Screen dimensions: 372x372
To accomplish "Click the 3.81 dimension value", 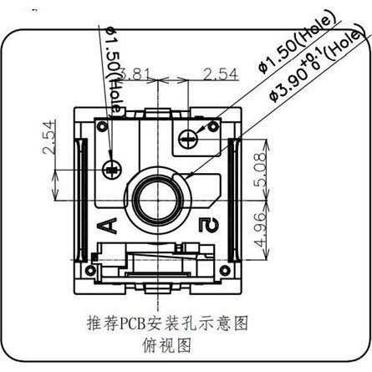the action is coord(135,74).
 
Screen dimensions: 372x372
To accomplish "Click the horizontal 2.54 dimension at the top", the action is coord(221,74).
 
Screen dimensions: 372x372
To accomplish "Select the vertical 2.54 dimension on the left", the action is coord(48,137).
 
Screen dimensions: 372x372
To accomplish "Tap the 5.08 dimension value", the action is coord(260,170).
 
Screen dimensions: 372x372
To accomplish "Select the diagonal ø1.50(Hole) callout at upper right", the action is coord(296,44).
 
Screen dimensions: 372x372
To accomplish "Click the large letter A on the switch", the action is coord(108,226).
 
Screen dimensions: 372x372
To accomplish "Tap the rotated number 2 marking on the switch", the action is coord(209,226).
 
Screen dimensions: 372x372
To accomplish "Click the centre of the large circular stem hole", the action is coord(158,200).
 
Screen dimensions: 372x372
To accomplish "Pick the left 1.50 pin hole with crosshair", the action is coord(112,169).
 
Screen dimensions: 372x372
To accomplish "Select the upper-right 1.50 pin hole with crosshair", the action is coord(188,139).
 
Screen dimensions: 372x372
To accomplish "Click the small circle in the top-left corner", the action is coord(102,126).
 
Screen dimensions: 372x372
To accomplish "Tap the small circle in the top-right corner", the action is coord(214,127).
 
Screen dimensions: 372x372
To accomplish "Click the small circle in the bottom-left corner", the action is coord(90,270).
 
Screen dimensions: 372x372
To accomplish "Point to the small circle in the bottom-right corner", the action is coord(225,270).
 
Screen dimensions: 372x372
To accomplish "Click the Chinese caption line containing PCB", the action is coord(167,324).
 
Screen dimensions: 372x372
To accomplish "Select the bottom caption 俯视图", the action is coord(166,345).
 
